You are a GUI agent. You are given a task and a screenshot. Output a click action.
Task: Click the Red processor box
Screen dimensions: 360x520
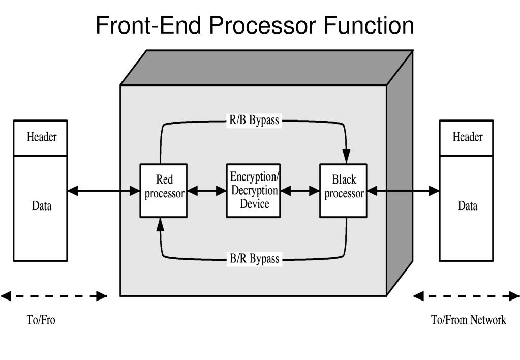[164, 191]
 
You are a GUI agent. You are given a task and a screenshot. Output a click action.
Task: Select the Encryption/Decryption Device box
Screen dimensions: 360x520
[253, 191]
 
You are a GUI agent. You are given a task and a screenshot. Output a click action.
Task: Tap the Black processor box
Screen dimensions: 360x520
[344, 191]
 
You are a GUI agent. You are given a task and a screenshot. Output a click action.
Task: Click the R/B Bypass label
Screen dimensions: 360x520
[254, 121]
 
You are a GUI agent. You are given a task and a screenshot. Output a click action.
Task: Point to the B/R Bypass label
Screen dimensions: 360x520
[254, 259]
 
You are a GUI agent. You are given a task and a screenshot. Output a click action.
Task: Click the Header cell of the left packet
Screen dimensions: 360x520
[41, 137]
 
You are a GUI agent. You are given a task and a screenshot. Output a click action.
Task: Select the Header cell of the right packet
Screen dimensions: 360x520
[467, 137]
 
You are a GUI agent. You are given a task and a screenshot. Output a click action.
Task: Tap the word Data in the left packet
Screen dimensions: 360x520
[41, 206]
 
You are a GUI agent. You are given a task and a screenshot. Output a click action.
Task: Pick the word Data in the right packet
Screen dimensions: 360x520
[467, 206]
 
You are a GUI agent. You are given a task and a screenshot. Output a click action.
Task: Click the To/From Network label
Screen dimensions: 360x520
[468, 320]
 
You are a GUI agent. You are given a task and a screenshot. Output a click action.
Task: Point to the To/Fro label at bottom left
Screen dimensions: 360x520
[41, 320]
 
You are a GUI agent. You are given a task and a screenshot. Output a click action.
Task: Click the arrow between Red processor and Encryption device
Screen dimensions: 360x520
[206, 191]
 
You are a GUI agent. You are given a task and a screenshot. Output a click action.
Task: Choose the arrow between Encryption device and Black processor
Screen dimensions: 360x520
[300, 191]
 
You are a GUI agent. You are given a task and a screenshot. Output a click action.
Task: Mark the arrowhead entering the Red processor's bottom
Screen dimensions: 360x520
[161, 225]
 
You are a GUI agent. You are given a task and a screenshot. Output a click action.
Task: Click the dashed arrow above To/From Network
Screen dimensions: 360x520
[467, 296]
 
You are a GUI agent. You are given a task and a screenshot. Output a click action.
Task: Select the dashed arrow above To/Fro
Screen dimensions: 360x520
[54, 296]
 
